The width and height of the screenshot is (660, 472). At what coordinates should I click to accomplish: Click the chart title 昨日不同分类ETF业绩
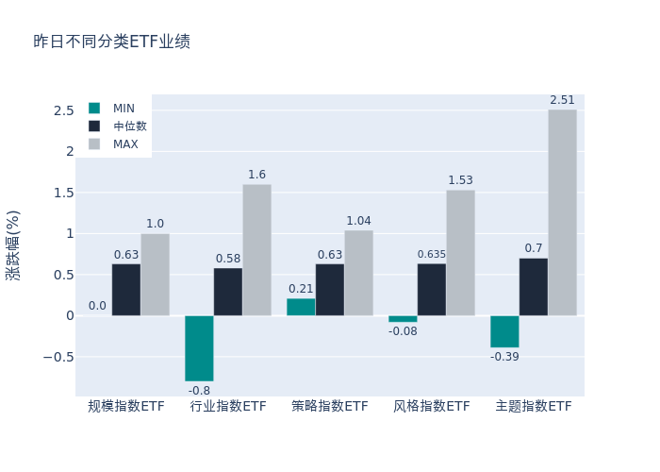pyautogui.click(x=111, y=42)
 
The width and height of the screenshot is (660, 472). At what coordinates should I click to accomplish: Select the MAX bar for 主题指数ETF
pyautogui.click(x=562, y=212)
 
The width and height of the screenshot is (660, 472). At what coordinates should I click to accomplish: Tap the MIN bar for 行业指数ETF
pyautogui.click(x=199, y=347)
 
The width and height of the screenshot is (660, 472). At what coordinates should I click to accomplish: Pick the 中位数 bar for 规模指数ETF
pyautogui.click(x=126, y=290)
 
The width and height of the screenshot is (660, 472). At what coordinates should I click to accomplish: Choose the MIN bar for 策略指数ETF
pyautogui.click(x=301, y=307)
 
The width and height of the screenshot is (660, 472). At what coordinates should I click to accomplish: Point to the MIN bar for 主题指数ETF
pyautogui.click(x=504, y=331)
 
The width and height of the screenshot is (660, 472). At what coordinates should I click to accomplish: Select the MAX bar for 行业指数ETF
pyautogui.click(x=256, y=250)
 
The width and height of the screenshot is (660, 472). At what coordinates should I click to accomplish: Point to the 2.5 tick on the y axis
pyautogui.click(x=64, y=110)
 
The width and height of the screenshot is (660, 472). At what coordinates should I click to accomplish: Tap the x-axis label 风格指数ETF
pyautogui.click(x=432, y=407)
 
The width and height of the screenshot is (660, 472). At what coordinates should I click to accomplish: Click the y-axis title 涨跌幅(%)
pyautogui.click(x=13, y=245)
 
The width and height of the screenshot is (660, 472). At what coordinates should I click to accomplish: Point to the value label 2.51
pyautogui.click(x=562, y=101)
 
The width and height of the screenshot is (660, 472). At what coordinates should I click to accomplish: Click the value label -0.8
pyautogui.click(x=199, y=390)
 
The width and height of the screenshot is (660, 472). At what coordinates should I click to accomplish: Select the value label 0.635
pyautogui.click(x=432, y=254)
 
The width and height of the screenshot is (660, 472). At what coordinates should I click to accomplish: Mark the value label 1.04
pyautogui.click(x=358, y=221)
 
